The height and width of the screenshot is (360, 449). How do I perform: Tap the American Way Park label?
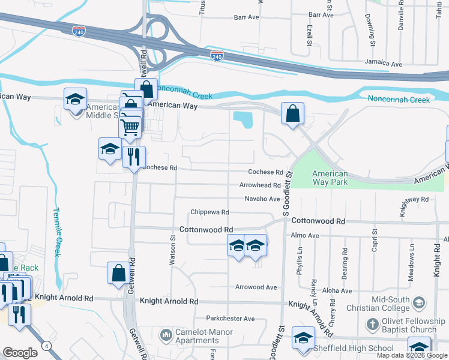point(330,178)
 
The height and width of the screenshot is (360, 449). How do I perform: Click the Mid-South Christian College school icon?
point(418,302)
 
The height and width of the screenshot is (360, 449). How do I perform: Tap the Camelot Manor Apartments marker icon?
point(166,333)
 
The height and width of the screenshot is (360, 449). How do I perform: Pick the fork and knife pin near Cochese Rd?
point(134,157)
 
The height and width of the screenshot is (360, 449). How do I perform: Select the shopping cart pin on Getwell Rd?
point(130,127)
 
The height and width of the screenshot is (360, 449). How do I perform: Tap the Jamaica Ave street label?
point(384,63)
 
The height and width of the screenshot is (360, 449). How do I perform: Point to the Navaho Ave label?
point(262,199)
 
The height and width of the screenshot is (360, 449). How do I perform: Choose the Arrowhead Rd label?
point(260,185)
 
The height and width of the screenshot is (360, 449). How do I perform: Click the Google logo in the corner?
point(20,353)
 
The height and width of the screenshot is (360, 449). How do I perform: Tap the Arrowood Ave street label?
point(256,287)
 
